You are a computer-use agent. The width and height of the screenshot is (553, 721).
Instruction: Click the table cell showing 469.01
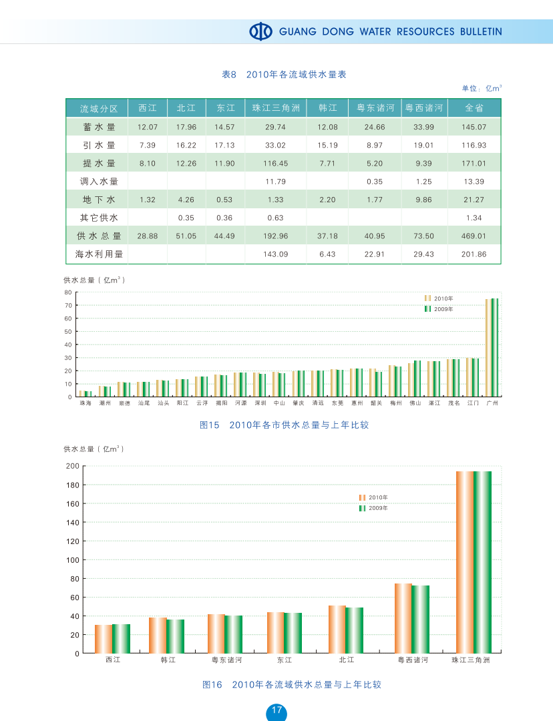pos(474,236)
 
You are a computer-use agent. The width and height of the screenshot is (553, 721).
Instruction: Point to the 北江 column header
pos(186,108)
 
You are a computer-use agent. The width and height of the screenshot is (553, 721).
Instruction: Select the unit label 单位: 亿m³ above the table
pos(482,88)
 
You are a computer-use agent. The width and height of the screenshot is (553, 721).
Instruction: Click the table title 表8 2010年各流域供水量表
pos(283,75)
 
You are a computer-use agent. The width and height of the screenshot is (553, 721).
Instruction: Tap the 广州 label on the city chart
pos(492,403)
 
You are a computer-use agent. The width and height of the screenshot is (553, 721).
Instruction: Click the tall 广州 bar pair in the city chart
pos(492,347)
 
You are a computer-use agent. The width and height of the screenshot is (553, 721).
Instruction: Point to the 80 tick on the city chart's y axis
pos(68,292)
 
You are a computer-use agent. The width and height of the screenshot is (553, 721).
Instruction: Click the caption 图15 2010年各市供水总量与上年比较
pos(285,425)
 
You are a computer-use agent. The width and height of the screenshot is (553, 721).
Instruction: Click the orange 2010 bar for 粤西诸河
pos(403,618)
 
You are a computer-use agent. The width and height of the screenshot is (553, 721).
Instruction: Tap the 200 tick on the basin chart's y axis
pos(72,466)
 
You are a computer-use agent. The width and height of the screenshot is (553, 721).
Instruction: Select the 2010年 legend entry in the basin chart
pos(373,497)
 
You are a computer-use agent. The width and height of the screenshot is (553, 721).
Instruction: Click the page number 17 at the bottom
pos(276,710)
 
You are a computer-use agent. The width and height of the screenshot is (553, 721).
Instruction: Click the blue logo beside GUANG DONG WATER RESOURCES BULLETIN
pos(261,31)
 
